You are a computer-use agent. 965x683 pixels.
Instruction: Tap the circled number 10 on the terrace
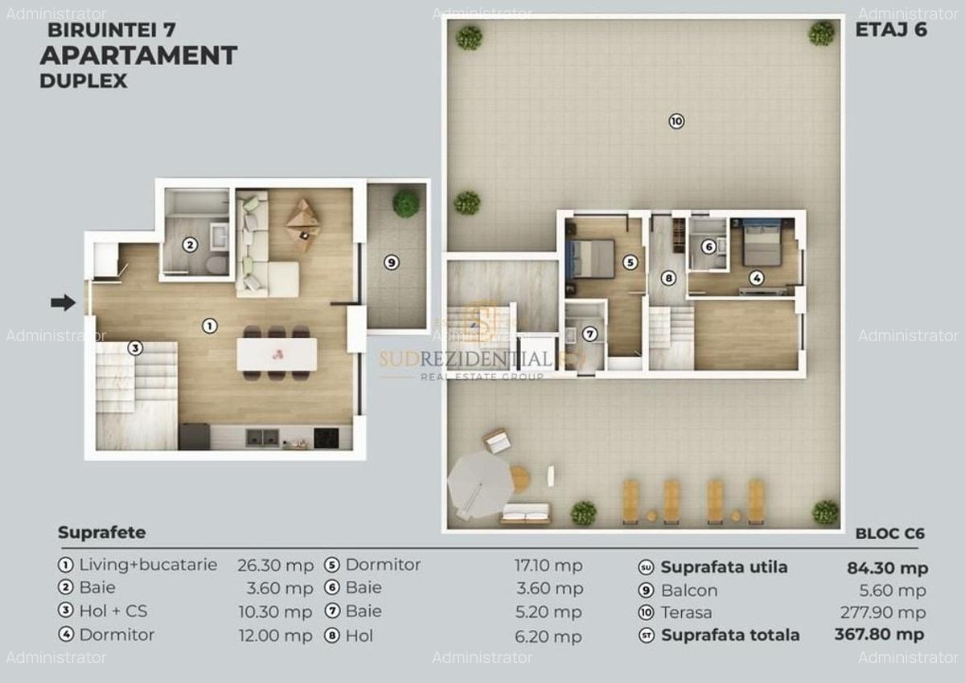pos(675,121)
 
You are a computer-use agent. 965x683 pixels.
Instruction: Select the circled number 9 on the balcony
pos(391,262)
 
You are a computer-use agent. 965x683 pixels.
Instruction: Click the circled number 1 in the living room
pos(209,326)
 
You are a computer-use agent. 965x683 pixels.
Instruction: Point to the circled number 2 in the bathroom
pos(190,245)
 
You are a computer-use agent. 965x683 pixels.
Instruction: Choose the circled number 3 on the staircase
pos(135,348)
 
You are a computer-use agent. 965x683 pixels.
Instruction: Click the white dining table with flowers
pos(277,354)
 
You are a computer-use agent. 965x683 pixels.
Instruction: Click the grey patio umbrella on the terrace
pos(479,483)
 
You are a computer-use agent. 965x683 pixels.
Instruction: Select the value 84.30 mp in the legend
pos(887,568)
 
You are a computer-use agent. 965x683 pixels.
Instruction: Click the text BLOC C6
pos(889,533)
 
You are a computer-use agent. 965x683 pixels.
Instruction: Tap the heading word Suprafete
pos(101,533)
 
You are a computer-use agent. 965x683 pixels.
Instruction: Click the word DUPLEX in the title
pos(83,80)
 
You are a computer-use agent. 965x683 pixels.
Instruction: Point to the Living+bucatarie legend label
pos(148,565)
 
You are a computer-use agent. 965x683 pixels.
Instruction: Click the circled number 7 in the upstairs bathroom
pos(590,334)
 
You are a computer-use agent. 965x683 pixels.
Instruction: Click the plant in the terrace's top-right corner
pos(821,33)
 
